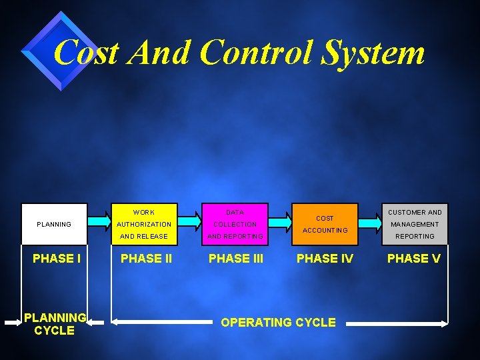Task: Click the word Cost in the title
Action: pyautogui.click(x=87, y=52)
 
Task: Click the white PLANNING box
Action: pyautogui.click(x=54, y=224)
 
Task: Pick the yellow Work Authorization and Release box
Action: pyautogui.click(x=145, y=224)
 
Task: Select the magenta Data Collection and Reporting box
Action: pyautogui.click(x=235, y=224)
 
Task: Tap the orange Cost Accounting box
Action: pyautogui.click(x=325, y=224)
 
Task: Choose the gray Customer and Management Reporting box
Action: pyautogui.click(x=415, y=224)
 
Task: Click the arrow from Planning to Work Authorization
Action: pyautogui.click(x=99, y=219)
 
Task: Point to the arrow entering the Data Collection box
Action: pyautogui.click(x=189, y=219)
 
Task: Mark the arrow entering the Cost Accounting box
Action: pyautogui.click(x=279, y=219)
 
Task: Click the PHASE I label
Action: pyautogui.click(x=57, y=258)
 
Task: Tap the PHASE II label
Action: pyautogui.click(x=146, y=259)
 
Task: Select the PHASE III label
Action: pyautogui.click(x=236, y=259)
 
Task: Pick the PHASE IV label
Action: pyautogui.click(x=325, y=258)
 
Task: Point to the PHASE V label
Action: pyautogui.click(x=414, y=258)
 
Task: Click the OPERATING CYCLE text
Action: pyautogui.click(x=278, y=323)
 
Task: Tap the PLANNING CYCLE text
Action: pyautogui.click(x=55, y=324)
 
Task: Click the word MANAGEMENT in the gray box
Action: pyautogui.click(x=415, y=224)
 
